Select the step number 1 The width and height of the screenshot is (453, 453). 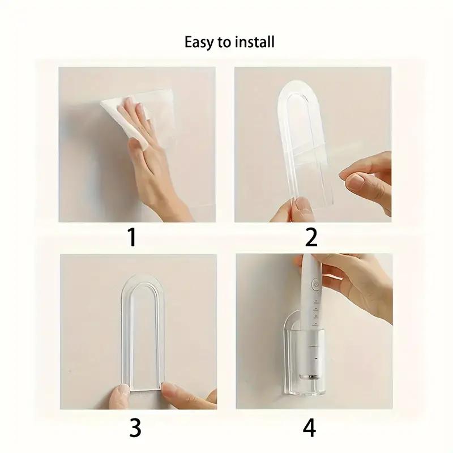pyautogui.click(x=132, y=238)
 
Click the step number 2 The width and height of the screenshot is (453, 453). pyautogui.click(x=311, y=238)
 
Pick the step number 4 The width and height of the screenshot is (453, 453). pyautogui.click(x=309, y=428)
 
